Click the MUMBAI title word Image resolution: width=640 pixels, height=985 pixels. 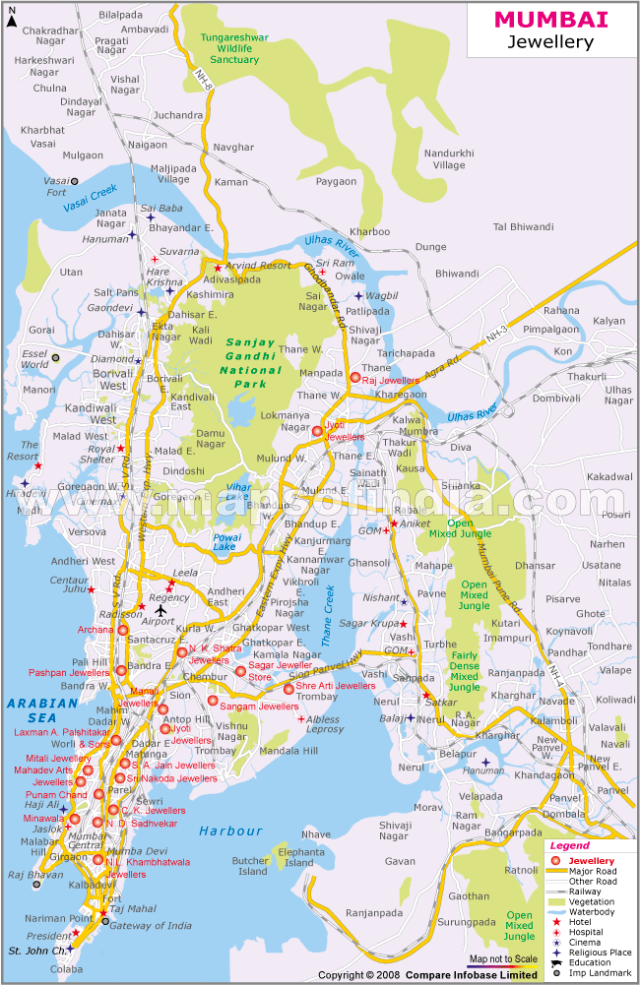pos(550,19)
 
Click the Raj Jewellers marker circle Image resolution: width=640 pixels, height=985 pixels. pos(355,377)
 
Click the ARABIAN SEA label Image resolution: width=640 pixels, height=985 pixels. pos(41,703)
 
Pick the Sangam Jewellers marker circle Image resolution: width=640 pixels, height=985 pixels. pos(213,701)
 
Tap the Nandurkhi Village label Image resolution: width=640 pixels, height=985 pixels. pos(449,159)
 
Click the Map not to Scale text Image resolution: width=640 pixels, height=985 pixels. pos(502,958)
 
